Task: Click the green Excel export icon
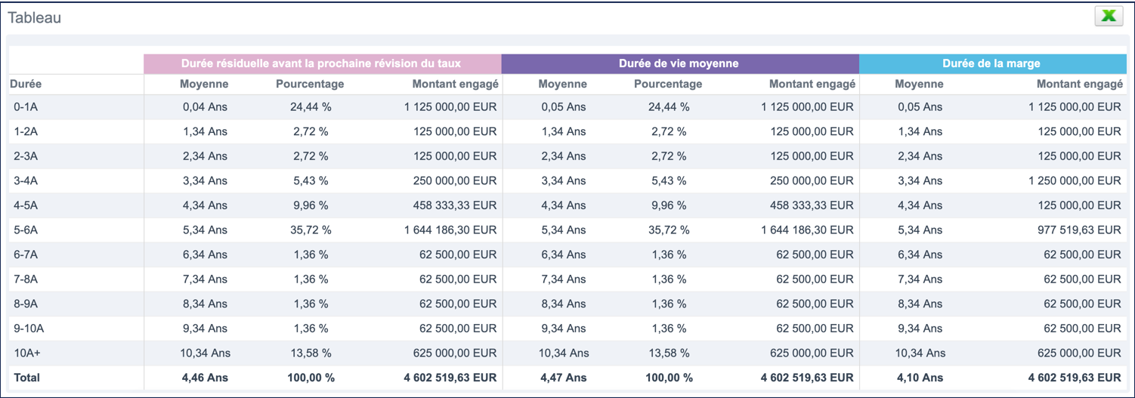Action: tap(1109, 16)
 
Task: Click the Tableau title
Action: tap(35, 17)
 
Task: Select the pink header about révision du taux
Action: tap(321, 63)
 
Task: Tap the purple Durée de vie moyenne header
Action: tap(679, 63)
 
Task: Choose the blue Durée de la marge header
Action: tap(991, 63)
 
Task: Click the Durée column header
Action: tap(26, 85)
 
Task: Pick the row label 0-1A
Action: tap(26, 107)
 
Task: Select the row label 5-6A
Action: tap(26, 230)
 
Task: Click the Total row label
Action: tap(26, 378)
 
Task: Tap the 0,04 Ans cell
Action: tap(205, 107)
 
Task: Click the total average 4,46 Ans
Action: tap(205, 378)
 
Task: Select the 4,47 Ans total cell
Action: tap(563, 378)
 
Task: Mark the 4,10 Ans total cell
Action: tap(920, 378)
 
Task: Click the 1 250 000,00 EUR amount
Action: tap(1074, 180)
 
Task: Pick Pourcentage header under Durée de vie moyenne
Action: tap(668, 85)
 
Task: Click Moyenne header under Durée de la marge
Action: tap(919, 85)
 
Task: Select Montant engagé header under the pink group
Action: tap(455, 85)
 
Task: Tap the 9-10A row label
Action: tap(29, 329)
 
